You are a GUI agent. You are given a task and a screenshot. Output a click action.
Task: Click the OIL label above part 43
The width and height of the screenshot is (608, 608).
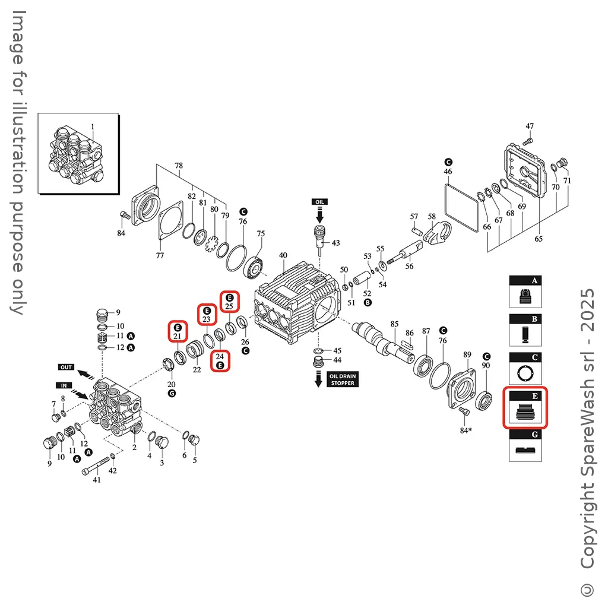pos(319,202)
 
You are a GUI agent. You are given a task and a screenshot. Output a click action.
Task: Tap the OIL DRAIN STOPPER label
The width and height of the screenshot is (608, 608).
pos(343,379)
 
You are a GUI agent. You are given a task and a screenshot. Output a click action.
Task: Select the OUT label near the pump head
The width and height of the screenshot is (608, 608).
pos(66,367)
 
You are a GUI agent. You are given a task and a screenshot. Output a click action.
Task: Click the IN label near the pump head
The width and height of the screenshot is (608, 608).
pos(64,385)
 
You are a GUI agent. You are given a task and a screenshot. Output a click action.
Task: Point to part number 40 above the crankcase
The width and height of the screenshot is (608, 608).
pos(283,255)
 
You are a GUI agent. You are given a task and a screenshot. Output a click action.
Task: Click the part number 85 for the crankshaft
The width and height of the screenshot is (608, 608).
pos(394,324)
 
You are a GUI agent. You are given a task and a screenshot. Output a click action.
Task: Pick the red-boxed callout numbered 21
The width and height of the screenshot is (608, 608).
pos(178,331)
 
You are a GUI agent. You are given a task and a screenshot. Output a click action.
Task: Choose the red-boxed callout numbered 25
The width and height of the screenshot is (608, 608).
pos(230,301)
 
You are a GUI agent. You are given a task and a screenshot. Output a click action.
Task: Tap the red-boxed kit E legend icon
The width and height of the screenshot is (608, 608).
pos(525,407)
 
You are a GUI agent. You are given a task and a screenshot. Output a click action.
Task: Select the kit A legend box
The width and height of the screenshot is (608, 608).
pos(525,292)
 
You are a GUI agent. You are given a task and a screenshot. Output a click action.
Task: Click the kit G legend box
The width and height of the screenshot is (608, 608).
pos(525,445)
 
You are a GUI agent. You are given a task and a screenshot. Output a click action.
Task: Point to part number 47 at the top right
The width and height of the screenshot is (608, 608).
pos(530,126)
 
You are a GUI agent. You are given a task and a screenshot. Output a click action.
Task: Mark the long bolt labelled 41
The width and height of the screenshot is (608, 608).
pos(96,465)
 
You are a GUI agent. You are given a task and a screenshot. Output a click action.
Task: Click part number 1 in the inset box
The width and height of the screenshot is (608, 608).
pos(93,126)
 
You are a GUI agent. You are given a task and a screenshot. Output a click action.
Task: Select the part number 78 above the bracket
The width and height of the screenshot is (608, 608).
pos(178,166)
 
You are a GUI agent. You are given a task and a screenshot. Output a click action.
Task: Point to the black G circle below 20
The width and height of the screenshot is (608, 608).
pos(172,394)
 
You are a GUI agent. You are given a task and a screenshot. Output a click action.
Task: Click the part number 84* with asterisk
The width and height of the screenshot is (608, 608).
pos(465,430)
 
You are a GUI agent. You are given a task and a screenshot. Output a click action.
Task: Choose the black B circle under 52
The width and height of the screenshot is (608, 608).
pos(368,302)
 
